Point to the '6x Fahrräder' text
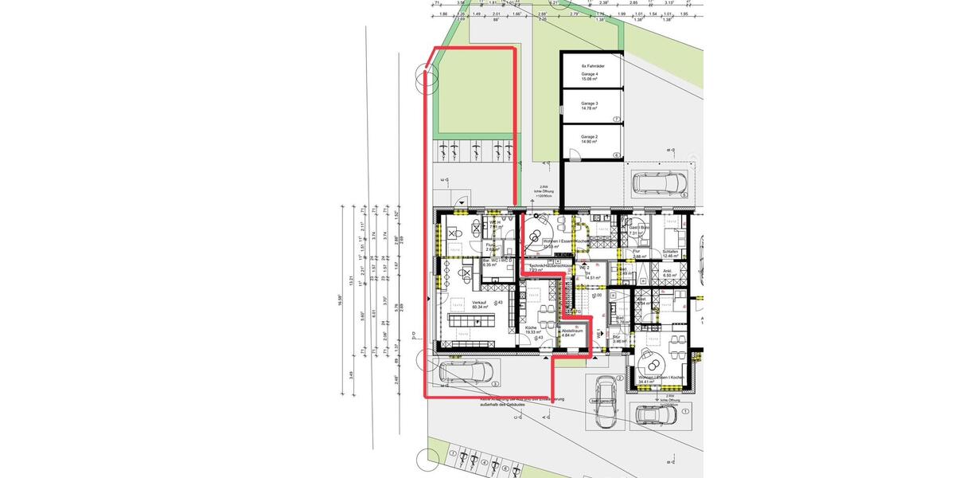[x=594, y=66]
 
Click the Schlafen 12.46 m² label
[x=670, y=253]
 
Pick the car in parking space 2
[x=607, y=390]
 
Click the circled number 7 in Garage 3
[x=616, y=120]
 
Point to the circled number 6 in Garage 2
[x=616, y=155]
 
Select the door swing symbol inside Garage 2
[x=574, y=154]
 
